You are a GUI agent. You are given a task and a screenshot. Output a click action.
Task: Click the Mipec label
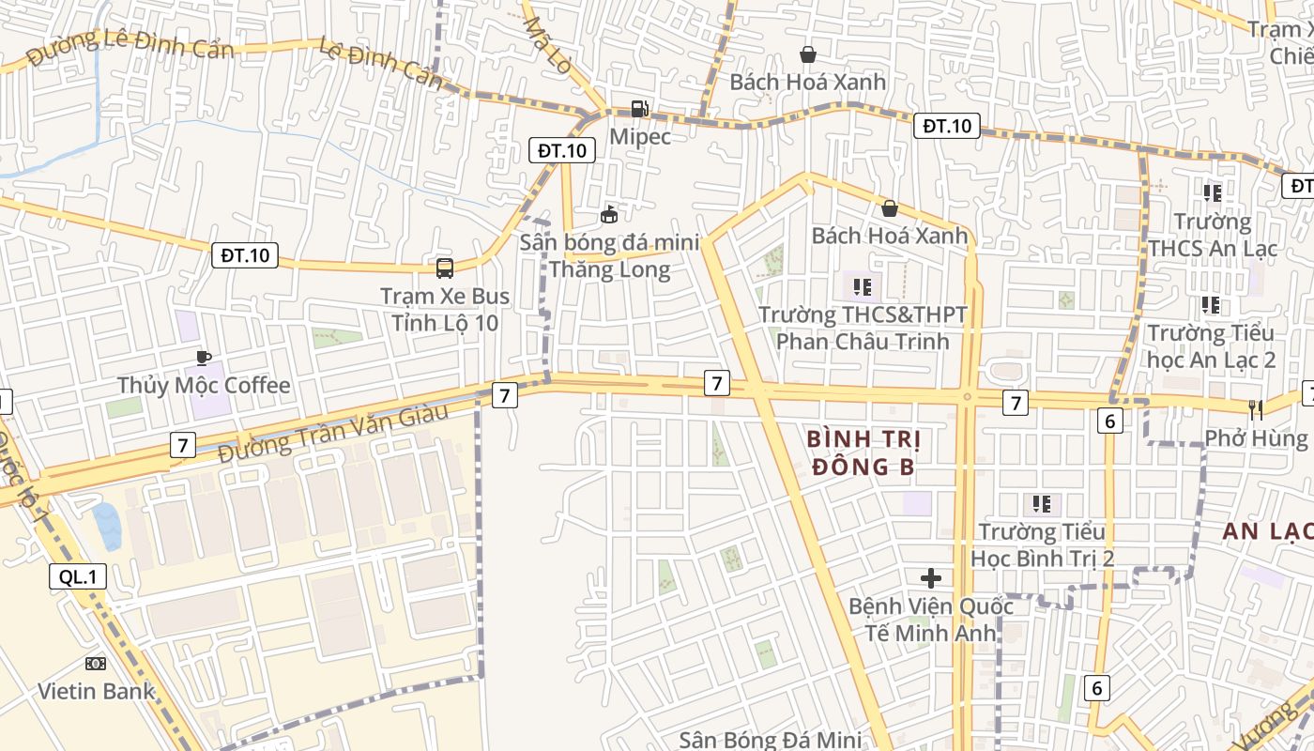click(x=640, y=137)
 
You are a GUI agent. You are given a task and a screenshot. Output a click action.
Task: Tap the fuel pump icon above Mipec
click(x=639, y=109)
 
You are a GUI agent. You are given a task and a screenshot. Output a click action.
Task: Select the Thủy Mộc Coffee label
click(x=204, y=386)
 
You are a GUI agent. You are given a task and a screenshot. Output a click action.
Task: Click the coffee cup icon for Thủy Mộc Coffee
click(x=204, y=358)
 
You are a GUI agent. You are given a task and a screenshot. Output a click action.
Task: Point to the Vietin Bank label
click(x=96, y=692)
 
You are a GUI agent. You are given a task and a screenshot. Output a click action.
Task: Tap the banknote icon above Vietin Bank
click(x=96, y=664)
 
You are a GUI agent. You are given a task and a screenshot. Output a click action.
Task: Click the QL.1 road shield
click(x=78, y=577)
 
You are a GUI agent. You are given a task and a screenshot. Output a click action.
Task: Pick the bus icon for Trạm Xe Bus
click(x=445, y=268)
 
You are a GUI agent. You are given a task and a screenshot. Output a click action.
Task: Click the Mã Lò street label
click(x=547, y=47)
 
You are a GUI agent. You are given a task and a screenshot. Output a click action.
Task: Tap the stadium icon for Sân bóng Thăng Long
click(x=609, y=215)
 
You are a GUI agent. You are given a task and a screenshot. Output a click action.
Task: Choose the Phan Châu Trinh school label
click(x=863, y=328)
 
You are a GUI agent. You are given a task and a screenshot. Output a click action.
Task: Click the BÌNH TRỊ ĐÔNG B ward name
click(x=863, y=452)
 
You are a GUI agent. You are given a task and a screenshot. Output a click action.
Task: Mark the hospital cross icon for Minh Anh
click(x=931, y=578)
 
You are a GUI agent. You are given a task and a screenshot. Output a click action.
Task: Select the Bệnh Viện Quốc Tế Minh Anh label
click(x=931, y=619)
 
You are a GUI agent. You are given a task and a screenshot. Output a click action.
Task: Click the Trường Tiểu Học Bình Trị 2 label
click(x=1042, y=544)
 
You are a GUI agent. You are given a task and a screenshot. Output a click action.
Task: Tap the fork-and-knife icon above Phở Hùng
click(x=1256, y=409)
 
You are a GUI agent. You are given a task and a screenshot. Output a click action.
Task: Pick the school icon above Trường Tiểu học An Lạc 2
click(x=1211, y=305)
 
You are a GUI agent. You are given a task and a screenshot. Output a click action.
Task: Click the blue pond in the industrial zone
click(x=106, y=526)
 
